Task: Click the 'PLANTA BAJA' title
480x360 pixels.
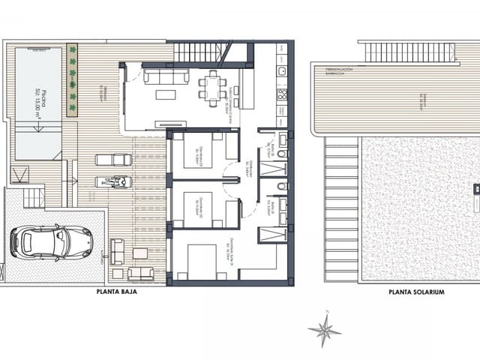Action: (118, 292)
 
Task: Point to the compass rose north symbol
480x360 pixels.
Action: (325, 329)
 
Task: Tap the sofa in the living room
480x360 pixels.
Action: (166, 76)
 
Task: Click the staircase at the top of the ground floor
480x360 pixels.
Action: (199, 52)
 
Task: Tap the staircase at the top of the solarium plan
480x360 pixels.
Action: (409, 52)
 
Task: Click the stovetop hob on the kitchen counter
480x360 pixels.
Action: (282, 94)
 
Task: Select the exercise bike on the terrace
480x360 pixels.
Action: (114, 181)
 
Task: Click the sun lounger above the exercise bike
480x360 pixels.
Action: (113, 159)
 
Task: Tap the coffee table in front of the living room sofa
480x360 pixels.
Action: (165, 94)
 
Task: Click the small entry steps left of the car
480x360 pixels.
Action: (34, 198)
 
